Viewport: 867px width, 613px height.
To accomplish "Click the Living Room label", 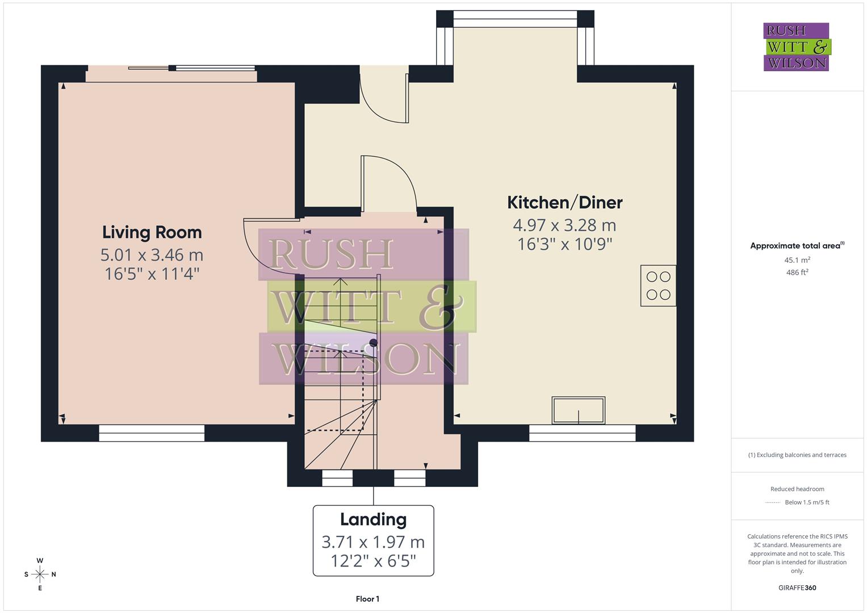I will point(152,232).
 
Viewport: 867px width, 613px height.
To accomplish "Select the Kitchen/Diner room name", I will point(564,203).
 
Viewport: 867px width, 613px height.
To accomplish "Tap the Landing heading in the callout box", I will point(373,519).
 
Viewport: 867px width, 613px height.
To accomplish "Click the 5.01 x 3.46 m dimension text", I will point(152,255).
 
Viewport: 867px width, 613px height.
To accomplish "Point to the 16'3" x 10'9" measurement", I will point(564,245).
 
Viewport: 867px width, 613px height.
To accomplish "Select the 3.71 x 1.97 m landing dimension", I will point(373,542).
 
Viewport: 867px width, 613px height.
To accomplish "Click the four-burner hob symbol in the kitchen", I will point(658,285).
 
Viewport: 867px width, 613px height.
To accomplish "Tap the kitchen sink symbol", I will point(578,410).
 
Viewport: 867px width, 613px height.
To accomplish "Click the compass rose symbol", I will point(40,574).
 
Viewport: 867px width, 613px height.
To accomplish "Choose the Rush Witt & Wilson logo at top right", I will point(797,47).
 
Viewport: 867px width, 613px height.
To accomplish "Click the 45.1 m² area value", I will point(797,260).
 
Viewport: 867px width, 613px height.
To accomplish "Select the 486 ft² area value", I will point(797,272).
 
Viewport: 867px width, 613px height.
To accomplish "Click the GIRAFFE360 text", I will point(797,587).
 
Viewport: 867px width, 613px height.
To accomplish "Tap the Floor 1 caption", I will point(367,599).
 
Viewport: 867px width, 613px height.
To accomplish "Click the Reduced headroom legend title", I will point(797,489).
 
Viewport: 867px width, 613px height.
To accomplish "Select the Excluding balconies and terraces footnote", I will point(797,455).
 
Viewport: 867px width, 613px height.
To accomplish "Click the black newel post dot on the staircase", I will point(373,342).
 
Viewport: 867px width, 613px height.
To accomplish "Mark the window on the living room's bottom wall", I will point(152,433).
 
